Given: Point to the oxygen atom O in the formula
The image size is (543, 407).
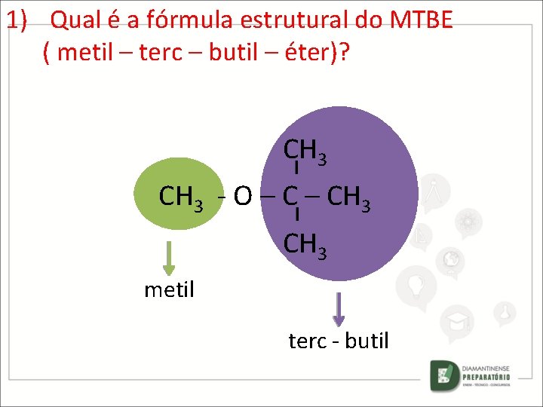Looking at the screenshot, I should click(x=242, y=197).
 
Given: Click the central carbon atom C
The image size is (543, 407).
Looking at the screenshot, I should click(x=290, y=196).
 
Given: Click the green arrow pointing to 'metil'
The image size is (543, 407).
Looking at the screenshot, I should click(x=169, y=259).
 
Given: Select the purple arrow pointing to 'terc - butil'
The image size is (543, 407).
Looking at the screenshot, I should click(x=339, y=309).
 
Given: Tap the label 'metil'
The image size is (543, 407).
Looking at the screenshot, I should click(x=169, y=289).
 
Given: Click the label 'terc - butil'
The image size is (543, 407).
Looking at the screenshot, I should click(x=339, y=341).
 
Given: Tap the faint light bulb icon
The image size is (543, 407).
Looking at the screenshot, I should click(x=416, y=284).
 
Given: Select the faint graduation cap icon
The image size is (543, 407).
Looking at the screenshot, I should click(x=459, y=321).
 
